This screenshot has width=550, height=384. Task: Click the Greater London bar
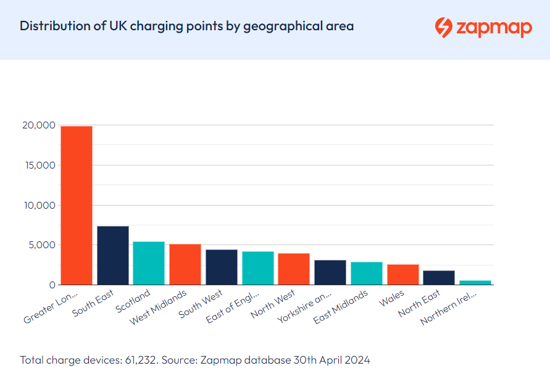(77, 205)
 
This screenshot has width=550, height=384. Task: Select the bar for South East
(113, 255)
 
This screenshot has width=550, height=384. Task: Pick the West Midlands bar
(185, 264)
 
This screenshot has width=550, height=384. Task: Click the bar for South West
(222, 267)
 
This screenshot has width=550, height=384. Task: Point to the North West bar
(294, 269)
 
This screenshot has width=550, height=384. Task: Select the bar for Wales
(403, 274)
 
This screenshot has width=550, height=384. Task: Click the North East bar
(439, 277)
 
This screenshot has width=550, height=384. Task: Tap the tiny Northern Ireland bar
(475, 282)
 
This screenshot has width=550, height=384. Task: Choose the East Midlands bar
(367, 273)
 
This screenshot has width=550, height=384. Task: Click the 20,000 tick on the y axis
(39, 125)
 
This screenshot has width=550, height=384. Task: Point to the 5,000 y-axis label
(41, 245)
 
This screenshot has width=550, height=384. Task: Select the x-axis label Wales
(391, 299)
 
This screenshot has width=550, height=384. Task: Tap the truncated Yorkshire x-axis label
(306, 307)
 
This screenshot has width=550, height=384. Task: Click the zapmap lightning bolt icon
(443, 27)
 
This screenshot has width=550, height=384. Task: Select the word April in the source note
(330, 360)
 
